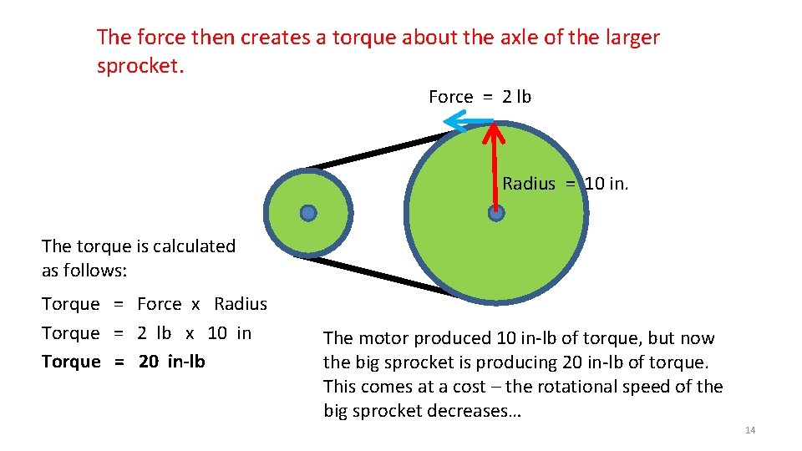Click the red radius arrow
pyautogui.click(x=495, y=167)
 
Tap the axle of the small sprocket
pyautogui.click(x=308, y=213)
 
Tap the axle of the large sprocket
pyautogui.click(x=496, y=213)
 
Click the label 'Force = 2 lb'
pyautogui.click(x=480, y=97)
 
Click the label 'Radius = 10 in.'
pyautogui.click(x=565, y=184)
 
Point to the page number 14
pyautogui.click(x=749, y=430)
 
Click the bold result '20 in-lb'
pyautogui.click(x=171, y=362)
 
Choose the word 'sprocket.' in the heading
pyautogui.click(x=140, y=66)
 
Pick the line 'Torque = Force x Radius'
pyautogui.click(x=155, y=304)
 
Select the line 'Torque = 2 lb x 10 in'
pyautogui.click(x=146, y=333)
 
